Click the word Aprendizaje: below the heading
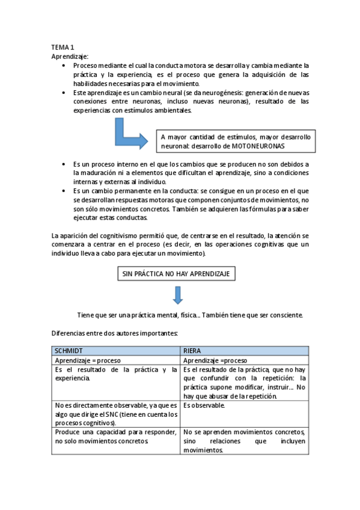[x=70, y=56]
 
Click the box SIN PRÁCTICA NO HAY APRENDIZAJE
[x=175, y=274]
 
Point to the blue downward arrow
[x=177, y=295]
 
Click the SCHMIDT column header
[x=70, y=350]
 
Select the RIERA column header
[x=193, y=350]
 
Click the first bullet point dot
[x=64, y=66]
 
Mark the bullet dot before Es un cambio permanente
[x=64, y=191]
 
